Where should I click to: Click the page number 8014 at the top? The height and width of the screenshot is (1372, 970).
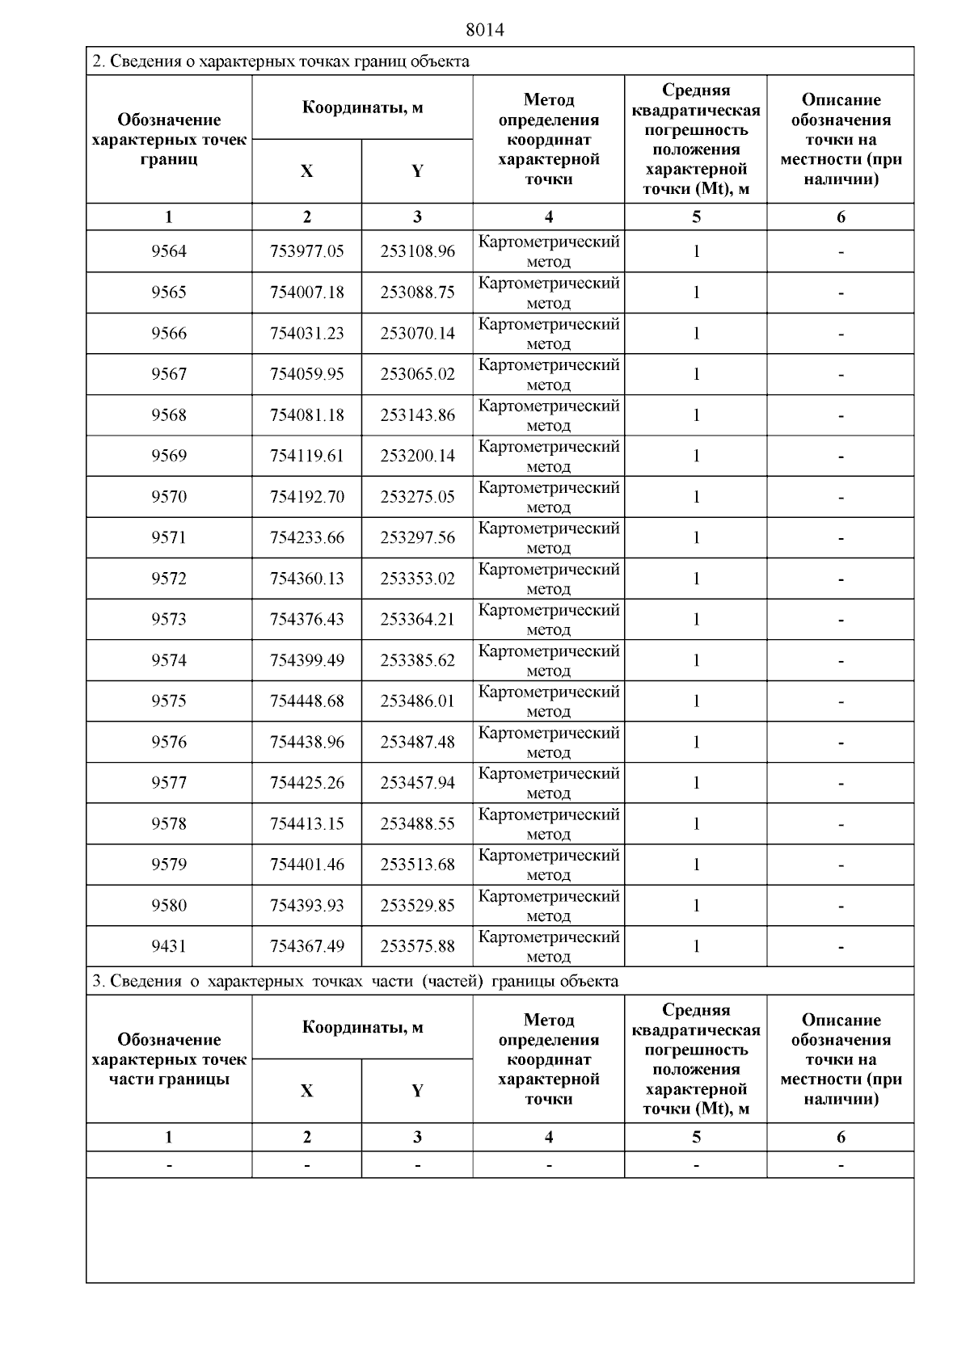(485, 30)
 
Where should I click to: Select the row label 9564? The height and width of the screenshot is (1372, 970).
(169, 251)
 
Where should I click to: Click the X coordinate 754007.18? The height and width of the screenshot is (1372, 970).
(307, 292)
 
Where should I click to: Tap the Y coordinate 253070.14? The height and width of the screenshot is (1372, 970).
(418, 333)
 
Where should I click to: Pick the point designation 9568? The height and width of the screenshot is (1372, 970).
(169, 415)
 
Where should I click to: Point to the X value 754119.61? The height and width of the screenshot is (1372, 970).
(307, 456)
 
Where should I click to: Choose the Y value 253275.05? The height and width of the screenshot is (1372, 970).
(418, 497)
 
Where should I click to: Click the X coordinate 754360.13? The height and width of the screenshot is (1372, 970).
(307, 579)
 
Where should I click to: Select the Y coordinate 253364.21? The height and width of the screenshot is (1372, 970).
(418, 620)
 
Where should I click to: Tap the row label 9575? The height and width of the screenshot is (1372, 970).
(169, 701)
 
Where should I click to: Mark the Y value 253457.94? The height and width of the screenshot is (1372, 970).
(418, 783)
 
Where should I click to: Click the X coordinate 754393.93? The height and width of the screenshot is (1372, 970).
(307, 906)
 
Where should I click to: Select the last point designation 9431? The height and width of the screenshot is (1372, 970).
(169, 946)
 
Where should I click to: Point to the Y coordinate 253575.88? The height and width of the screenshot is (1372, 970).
(418, 946)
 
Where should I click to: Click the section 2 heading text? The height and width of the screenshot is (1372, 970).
(281, 61)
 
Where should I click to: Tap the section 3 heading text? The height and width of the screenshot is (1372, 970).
(356, 982)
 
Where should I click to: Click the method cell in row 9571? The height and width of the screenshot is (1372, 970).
(549, 537)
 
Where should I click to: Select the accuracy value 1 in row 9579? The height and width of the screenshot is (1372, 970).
(696, 865)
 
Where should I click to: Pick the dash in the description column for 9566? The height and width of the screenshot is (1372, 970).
(841, 334)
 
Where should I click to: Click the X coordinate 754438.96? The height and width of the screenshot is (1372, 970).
(307, 742)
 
